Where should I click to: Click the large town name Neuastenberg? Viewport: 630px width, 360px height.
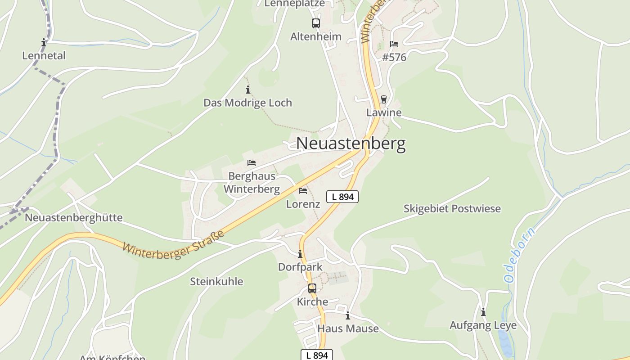(x=351, y=144)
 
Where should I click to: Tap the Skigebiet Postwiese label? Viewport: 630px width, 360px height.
(x=452, y=209)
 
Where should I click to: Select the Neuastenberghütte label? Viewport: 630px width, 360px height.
(x=73, y=218)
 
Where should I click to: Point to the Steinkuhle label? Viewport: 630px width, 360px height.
(x=216, y=282)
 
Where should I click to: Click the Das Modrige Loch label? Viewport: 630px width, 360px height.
(x=247, y=103)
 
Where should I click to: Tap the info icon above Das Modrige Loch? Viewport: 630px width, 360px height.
(x=247, y=90)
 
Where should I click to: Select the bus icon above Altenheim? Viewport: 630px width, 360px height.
(x=315, y=23)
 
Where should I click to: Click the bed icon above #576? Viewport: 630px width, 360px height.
(x=394, y=44)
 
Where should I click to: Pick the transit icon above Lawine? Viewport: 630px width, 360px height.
(x=383, y=99)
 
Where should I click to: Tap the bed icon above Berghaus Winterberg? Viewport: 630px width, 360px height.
(x=252, y=163)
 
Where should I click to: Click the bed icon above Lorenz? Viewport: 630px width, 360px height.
(x=303, y=191)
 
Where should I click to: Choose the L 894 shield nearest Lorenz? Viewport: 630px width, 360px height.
(x=342, y=197)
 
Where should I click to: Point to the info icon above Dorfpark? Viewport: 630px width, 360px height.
(x=300, y=254)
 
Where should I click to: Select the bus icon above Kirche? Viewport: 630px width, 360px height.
(x=312, y=288)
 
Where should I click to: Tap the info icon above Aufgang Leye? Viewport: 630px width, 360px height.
(x=483, y=312)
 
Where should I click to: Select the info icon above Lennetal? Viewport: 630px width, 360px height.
(x=44, y=43)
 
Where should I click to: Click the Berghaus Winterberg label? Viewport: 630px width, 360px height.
(x=252, y=183)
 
